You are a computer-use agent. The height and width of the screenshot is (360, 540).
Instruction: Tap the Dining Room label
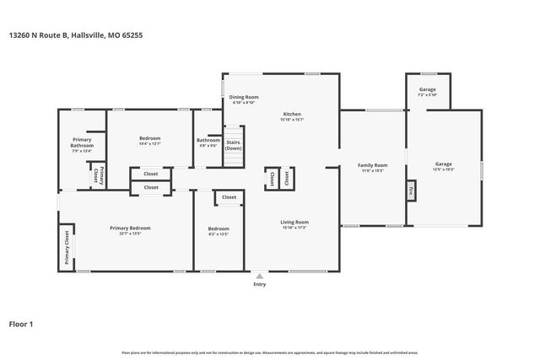(243, 98)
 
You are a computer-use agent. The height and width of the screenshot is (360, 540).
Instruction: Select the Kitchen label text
(292, 115)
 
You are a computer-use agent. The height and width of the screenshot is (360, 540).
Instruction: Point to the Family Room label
(372, 165)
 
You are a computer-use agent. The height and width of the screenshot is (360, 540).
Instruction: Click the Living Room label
(294, 223)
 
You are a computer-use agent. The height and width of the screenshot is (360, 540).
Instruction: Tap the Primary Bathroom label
(82, 143)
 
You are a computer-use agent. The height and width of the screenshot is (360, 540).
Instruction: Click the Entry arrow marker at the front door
(259, 275)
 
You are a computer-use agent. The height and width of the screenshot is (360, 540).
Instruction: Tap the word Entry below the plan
(259, 284)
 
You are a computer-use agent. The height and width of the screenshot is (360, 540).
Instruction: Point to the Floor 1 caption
(22, 323)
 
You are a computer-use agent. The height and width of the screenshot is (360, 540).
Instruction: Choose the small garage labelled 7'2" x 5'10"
(428, 91)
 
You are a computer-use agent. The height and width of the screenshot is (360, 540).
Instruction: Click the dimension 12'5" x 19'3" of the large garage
(444, 169)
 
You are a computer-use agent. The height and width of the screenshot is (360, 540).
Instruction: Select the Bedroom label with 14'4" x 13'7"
(149, 141)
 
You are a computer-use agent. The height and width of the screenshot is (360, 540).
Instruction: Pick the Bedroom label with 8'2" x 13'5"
(219, 230)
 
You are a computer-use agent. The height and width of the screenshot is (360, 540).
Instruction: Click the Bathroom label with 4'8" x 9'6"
(208, 142)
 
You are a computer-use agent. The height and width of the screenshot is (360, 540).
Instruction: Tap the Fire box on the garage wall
(411, 191)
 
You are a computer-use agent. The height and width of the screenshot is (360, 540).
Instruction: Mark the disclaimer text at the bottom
(270, 352)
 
